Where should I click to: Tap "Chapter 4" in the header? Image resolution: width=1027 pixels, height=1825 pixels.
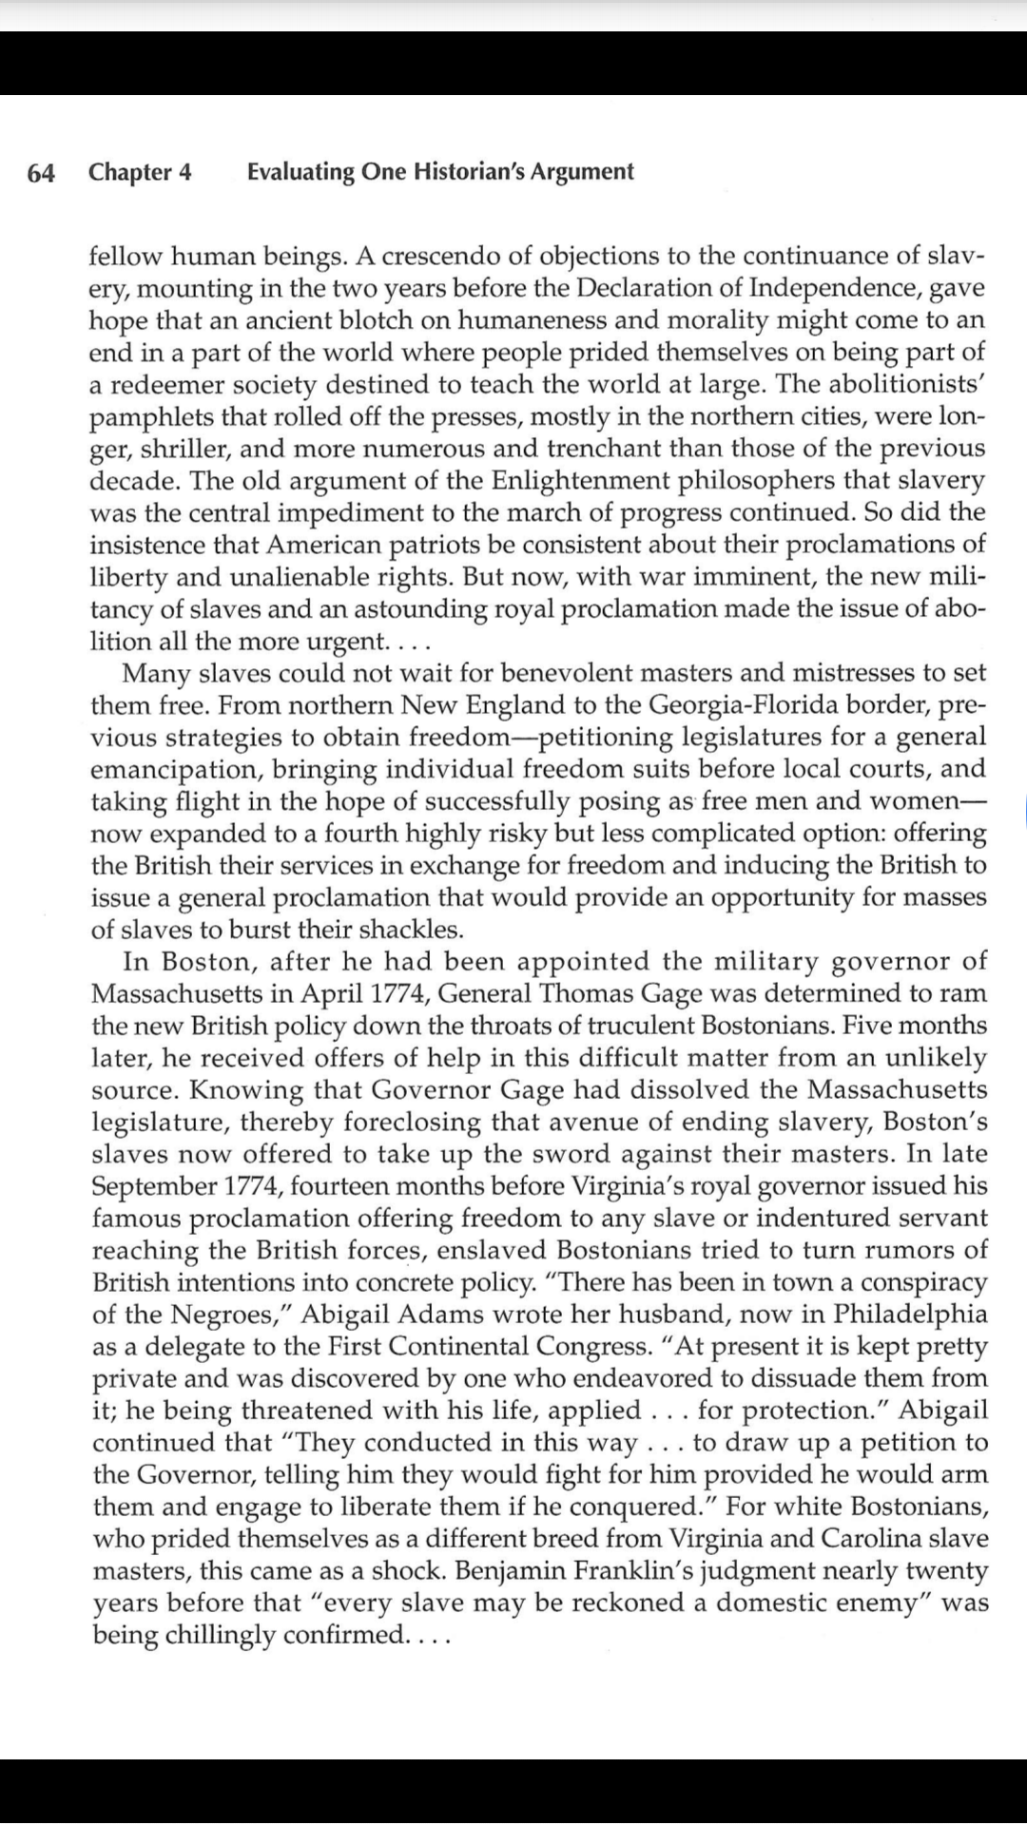[140, 172]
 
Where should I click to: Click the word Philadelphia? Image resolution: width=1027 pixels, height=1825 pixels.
[910, 1315]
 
